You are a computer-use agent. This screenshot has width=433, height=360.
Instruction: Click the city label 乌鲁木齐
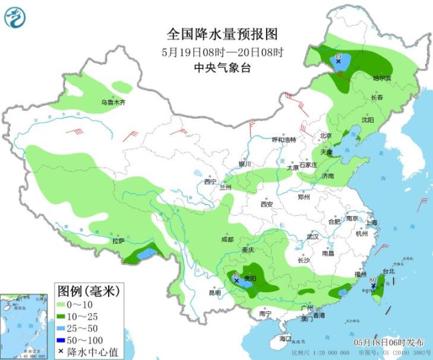(x=113, y=103)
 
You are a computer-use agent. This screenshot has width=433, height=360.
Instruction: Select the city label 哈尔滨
(x=382, y=78)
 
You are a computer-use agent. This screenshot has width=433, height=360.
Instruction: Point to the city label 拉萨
(x=118, y=241)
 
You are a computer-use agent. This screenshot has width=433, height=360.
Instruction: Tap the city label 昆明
(x=214, y=292)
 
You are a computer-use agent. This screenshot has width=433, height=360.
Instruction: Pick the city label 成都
(x=227, y=239)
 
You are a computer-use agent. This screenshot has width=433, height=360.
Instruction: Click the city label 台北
(x=388, y=271)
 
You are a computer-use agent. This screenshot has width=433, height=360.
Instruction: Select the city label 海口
(x=286, y=338)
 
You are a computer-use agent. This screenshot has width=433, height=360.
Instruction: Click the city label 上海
(x=372, y=222)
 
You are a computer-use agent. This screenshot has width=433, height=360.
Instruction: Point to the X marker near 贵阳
(x=236, y=280)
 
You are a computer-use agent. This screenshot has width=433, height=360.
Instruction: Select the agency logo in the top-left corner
(x=15, y=16)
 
